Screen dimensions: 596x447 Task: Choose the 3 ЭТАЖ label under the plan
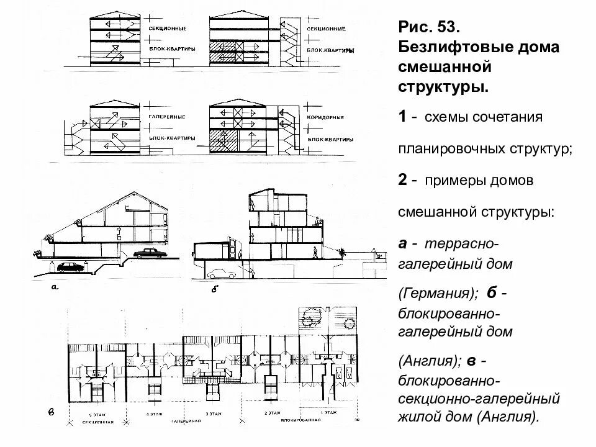[215, 413]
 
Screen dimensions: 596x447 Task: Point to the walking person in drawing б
[316, 253]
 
